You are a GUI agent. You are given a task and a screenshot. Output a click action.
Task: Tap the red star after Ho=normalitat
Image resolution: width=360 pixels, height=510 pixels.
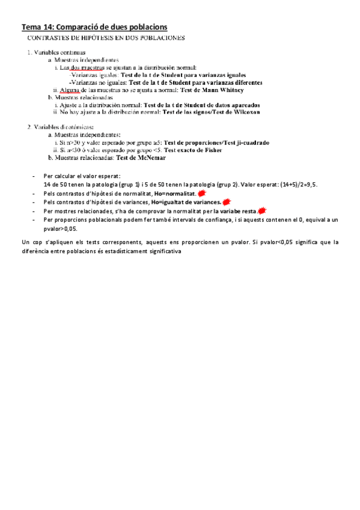tap(202, 194)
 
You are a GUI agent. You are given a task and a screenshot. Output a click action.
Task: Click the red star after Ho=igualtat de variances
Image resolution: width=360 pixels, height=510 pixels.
tap(226, 203)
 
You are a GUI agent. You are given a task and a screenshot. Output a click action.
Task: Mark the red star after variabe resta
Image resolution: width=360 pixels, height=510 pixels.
tap(262, 211)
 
